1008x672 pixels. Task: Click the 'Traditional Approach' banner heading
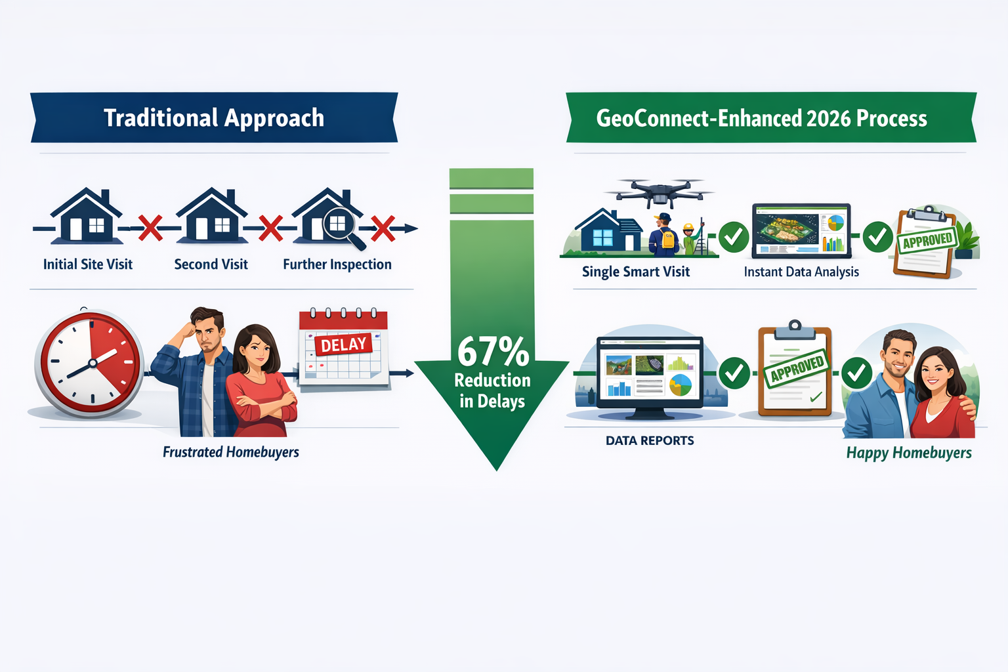[x=214, y=118]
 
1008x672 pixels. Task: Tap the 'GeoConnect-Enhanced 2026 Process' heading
[x=761, y=119]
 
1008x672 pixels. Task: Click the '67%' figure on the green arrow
[x=493, y=352]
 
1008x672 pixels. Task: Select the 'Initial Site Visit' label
[x=88, y=264]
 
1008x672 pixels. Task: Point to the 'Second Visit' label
[x=211, y=264]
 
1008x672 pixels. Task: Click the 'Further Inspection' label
[x=337, y=264]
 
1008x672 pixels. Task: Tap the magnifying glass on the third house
[x=343, y=228]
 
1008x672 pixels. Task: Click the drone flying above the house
[x=659, y=191]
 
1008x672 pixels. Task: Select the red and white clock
[x=89, y=363]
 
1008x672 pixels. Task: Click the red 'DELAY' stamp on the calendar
[x=343, y=344]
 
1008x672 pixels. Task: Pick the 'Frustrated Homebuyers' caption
[x=231, y=452]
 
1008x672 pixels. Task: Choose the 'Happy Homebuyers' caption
[x=909, y=453]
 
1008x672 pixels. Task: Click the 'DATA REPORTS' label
[x=650, y=441]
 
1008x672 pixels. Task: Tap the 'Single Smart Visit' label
[x=636, y=272]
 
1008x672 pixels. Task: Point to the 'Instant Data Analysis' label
[x=801, y=272]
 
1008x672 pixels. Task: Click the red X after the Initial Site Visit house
[x=150, y=228]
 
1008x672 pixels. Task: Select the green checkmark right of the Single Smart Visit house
[x=734, y=237]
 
